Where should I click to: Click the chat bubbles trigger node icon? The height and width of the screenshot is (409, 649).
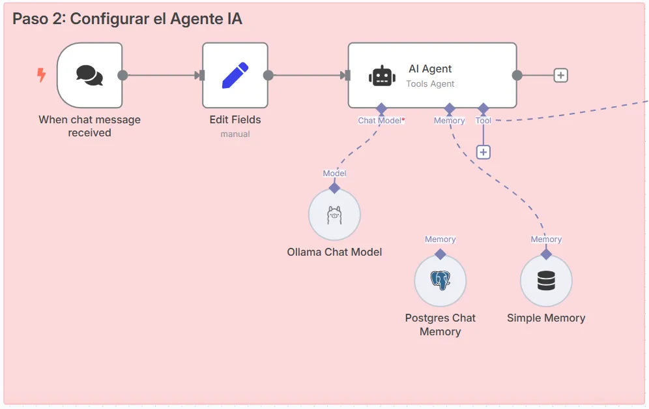[89, 75]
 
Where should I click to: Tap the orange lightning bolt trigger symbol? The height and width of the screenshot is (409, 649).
[41, 76]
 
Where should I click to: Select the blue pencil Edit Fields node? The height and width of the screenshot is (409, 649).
[235, 75]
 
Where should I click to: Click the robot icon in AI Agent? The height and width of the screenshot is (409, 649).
[382, 76]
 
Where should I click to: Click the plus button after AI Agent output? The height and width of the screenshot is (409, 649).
[560, 75]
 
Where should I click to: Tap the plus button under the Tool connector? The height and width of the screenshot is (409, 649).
[483, 152]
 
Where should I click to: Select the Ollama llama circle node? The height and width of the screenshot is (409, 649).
[334, 215]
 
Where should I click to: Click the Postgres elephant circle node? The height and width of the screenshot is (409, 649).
[440, 280]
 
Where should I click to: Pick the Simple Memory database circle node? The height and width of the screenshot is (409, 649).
[546, 280]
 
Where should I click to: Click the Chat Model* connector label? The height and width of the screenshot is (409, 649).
[381, 121]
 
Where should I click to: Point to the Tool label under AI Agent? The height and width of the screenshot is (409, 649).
[483, 121]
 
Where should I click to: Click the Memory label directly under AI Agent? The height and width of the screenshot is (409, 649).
[449, 121]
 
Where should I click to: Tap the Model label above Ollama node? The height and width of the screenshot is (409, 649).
[334, 174]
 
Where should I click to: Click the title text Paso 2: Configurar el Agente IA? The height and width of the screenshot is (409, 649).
[128, 19]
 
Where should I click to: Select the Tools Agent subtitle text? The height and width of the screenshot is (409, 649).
[430, 83]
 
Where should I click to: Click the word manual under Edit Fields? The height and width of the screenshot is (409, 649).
[235, 134]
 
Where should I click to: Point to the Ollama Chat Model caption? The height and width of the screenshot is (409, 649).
[334, 252]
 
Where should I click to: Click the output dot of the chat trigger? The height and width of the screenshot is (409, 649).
[123, 75]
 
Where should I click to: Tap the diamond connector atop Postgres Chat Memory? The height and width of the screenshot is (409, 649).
[440, 254]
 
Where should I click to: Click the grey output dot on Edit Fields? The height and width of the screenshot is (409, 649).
[268, 75]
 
